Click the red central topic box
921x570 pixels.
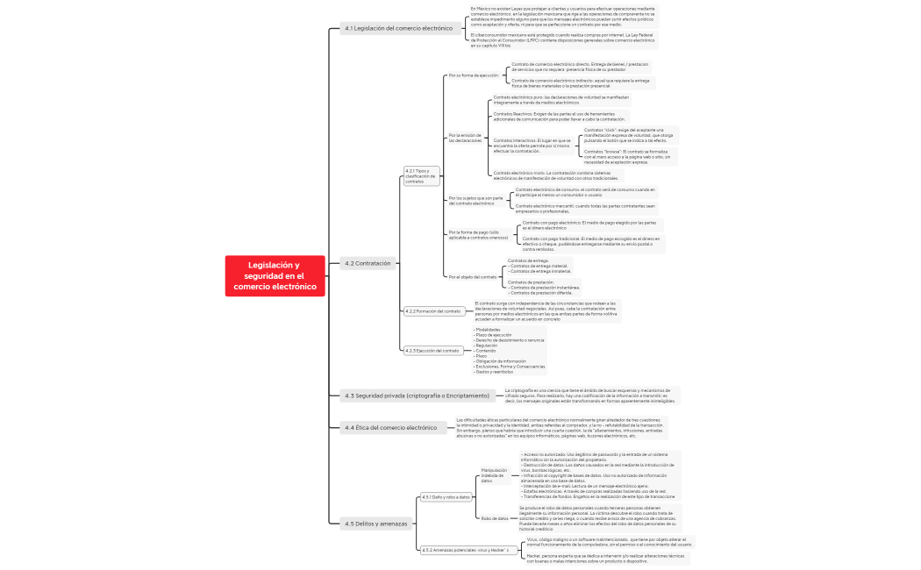click(x=274, y=275)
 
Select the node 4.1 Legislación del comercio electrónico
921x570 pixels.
click(x=398, y=29)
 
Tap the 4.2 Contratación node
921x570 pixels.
click(x=368, y=262)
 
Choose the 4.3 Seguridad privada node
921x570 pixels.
click(x=417, y=395)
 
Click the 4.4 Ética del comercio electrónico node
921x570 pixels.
click(x=390, y=428)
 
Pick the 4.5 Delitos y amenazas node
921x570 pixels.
click(x=375, y=524)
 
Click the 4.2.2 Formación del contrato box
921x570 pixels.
click(x=433, y=311)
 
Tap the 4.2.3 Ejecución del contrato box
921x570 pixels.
click(x=432, y=351)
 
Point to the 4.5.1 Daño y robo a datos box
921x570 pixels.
click(x=446, y=497)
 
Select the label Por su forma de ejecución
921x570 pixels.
click(x=473, y=75)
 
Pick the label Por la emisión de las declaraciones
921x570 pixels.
click(x=465, y=138)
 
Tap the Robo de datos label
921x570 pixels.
click(x=495, y=518)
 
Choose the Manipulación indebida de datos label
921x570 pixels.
click(x=493, y=475)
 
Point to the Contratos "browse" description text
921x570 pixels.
click(x=626, y=156)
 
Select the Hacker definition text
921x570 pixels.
click(x=605, y=558)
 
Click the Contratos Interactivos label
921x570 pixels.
click(x=532, y=146)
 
